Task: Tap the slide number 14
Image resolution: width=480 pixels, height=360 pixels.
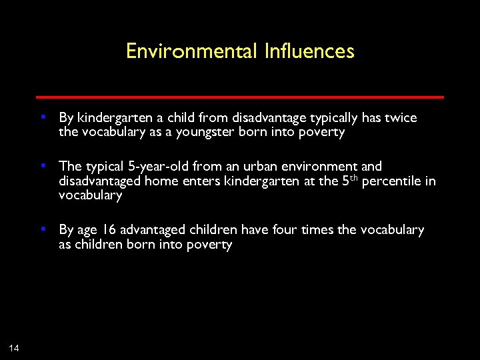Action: (x=14, y=347)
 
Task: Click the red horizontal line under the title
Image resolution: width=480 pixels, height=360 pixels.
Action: (x=240, y=97)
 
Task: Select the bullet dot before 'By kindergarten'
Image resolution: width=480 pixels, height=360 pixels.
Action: (x=43, y=117)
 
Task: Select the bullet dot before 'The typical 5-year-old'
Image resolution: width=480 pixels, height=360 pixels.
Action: (x=43, y=165)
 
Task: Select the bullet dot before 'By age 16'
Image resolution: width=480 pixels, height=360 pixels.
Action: (x=43, y=229)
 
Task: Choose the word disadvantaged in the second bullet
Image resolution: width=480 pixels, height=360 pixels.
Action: (x=100, y=181)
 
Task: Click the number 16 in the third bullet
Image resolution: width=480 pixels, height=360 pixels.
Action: (x=109, y=230)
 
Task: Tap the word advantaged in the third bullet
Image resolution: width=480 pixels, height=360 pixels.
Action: (x=153, y=230)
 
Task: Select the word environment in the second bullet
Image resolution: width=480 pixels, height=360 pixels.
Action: (x=319, y=166)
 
